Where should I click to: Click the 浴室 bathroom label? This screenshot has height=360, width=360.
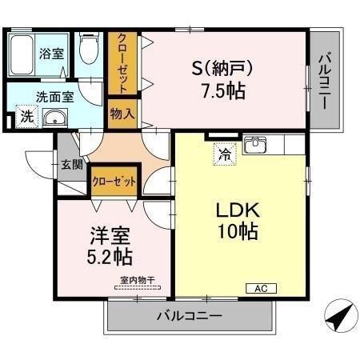pyautogui.click(x=53, y=55)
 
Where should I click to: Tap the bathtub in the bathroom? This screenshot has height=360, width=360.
pyautogui.click(x=23, y=54)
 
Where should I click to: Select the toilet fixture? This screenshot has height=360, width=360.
pyautogui.click(x=88, y=50)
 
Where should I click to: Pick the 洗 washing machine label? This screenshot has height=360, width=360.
pyautogui.click(x=26, y=117)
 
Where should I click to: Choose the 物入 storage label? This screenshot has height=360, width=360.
pyautogui.click(x=123, y=114)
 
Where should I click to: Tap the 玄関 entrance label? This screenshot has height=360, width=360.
pyautogui.click(x=71, y=166)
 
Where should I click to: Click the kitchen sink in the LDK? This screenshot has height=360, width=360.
pyautogui.click(x=256, y=145)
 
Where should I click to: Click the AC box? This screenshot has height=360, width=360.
pyautogui.click(x=261, y=288)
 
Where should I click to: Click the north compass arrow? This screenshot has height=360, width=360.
pyautogui.click(x=339, y=318)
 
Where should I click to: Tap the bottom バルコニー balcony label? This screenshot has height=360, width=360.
pyautogui.click(x=189, y=316)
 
